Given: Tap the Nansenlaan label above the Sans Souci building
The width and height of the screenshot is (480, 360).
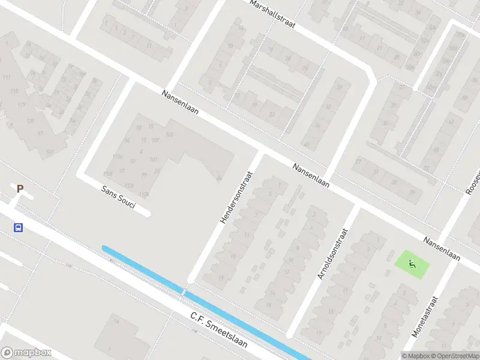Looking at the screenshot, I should [179, 103].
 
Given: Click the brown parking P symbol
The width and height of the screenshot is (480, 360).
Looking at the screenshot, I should [20, 189].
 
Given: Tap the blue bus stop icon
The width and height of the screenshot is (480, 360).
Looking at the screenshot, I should [19, 227].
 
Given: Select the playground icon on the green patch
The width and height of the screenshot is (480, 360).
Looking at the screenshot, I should [412, 263].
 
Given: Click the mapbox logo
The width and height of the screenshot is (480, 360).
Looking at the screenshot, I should [26, 353].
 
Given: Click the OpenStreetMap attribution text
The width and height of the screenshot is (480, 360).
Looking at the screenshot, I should [454, 355].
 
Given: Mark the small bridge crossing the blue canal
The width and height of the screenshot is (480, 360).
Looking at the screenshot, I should [183, 292].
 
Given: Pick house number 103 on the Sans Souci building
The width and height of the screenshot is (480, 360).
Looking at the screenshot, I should [170, 134].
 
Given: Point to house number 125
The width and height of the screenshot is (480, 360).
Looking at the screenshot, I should [30, 121].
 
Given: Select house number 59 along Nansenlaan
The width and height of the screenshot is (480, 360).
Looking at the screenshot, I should [412, 193].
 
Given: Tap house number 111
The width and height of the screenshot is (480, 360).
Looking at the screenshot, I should [7, 79].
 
